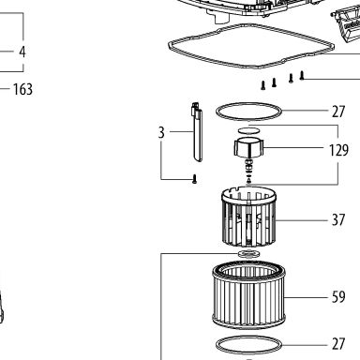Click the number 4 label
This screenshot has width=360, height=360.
(22, 52)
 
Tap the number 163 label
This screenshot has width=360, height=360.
(22, 89)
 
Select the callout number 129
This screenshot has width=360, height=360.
(338, 150)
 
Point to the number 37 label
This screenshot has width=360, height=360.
(338, 219)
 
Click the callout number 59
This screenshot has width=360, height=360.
(338, 297)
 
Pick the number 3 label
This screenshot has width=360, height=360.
(161, 132)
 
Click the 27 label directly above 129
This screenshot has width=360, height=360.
(338, 112)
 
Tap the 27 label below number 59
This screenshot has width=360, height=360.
(338, 344)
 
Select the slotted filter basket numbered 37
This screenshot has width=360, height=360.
(249, 217)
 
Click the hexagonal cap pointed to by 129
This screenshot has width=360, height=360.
(248, 147)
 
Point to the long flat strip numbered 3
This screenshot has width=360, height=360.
(197, 132)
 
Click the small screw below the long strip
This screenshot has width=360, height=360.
(195, 179)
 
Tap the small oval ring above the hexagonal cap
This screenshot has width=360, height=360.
(248, 130)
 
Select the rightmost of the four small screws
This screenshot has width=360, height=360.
(302, 75)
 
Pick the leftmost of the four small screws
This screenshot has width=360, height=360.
(263, 85)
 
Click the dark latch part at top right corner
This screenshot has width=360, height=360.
(346, 25)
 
